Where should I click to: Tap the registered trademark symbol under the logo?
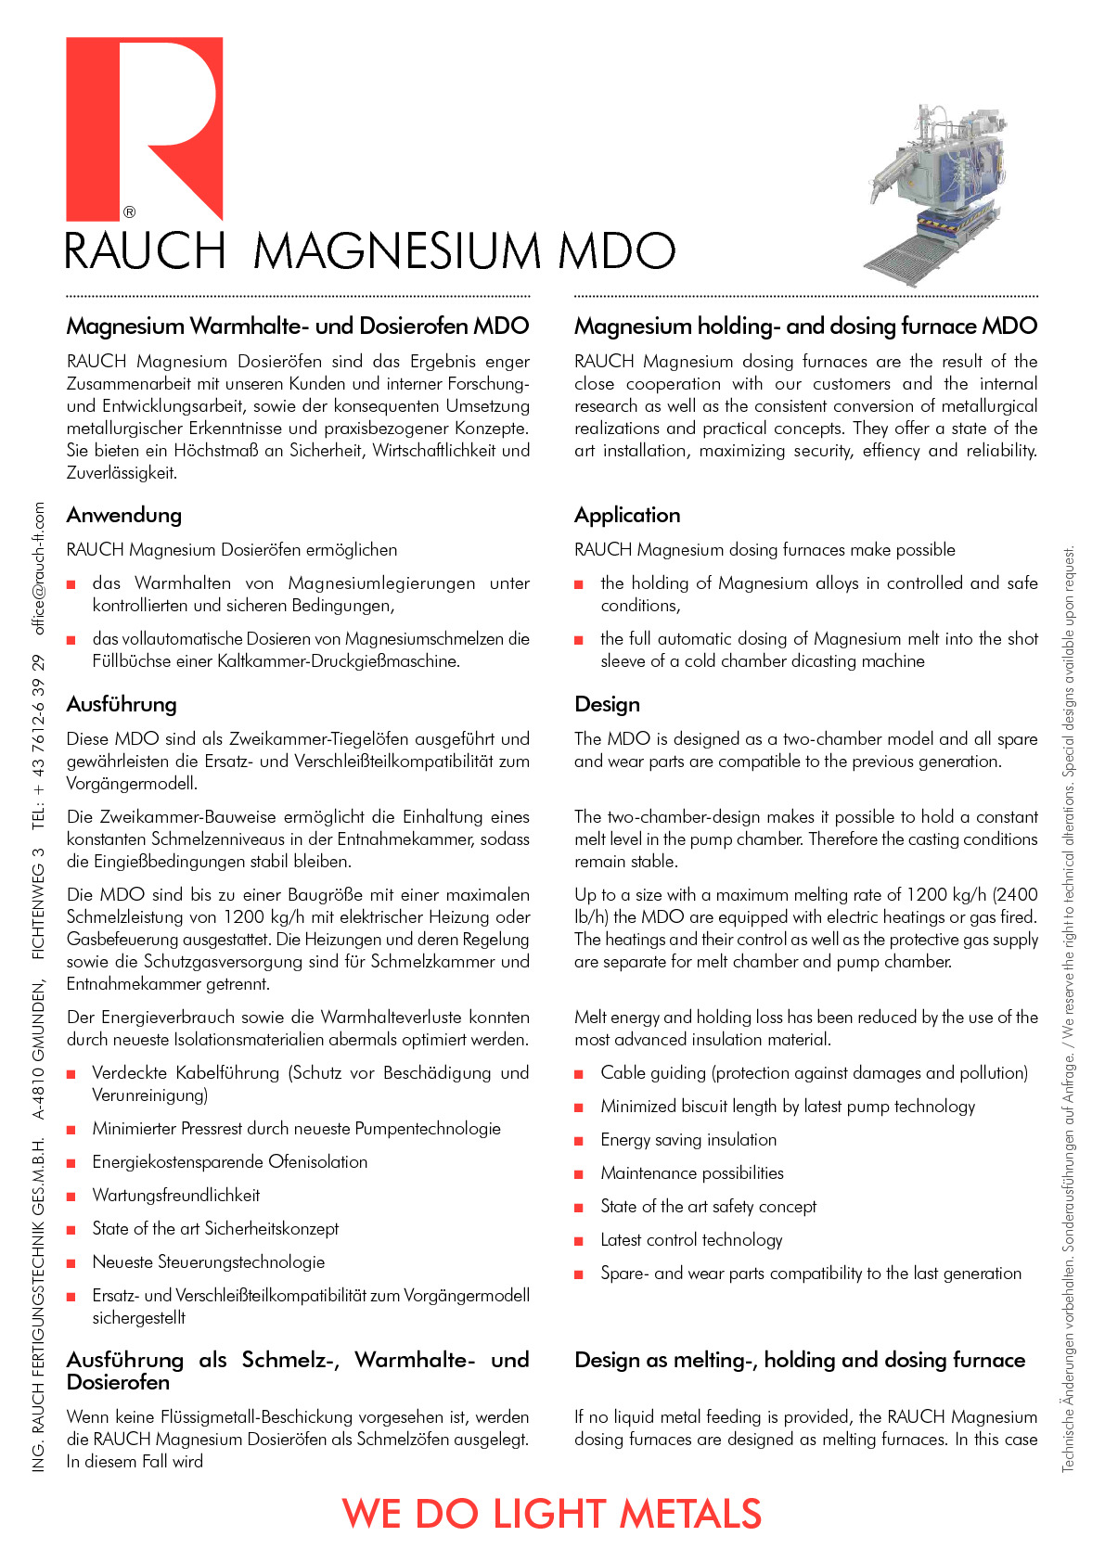(130, 212)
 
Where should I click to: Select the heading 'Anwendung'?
(124, 515)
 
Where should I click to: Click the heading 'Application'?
(627, 515)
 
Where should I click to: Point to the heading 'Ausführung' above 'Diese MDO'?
(122, 704)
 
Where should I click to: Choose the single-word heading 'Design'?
(607, 704)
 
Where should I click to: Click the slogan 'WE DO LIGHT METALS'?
(552, 1514)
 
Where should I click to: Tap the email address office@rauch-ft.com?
(38, 568)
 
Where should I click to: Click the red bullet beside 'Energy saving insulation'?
(579, 1141)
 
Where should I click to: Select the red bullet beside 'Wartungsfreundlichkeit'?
(71, 1197)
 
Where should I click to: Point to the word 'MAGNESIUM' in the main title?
(397, 251)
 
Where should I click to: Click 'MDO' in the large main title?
(617, 251)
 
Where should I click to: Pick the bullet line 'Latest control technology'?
(691, 1240)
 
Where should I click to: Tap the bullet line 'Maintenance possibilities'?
(692, 1173)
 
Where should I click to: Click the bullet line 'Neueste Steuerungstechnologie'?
(209, 1262)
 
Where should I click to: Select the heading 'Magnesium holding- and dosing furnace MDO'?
(805, 326)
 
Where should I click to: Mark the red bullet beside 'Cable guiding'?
(579, 1074)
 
